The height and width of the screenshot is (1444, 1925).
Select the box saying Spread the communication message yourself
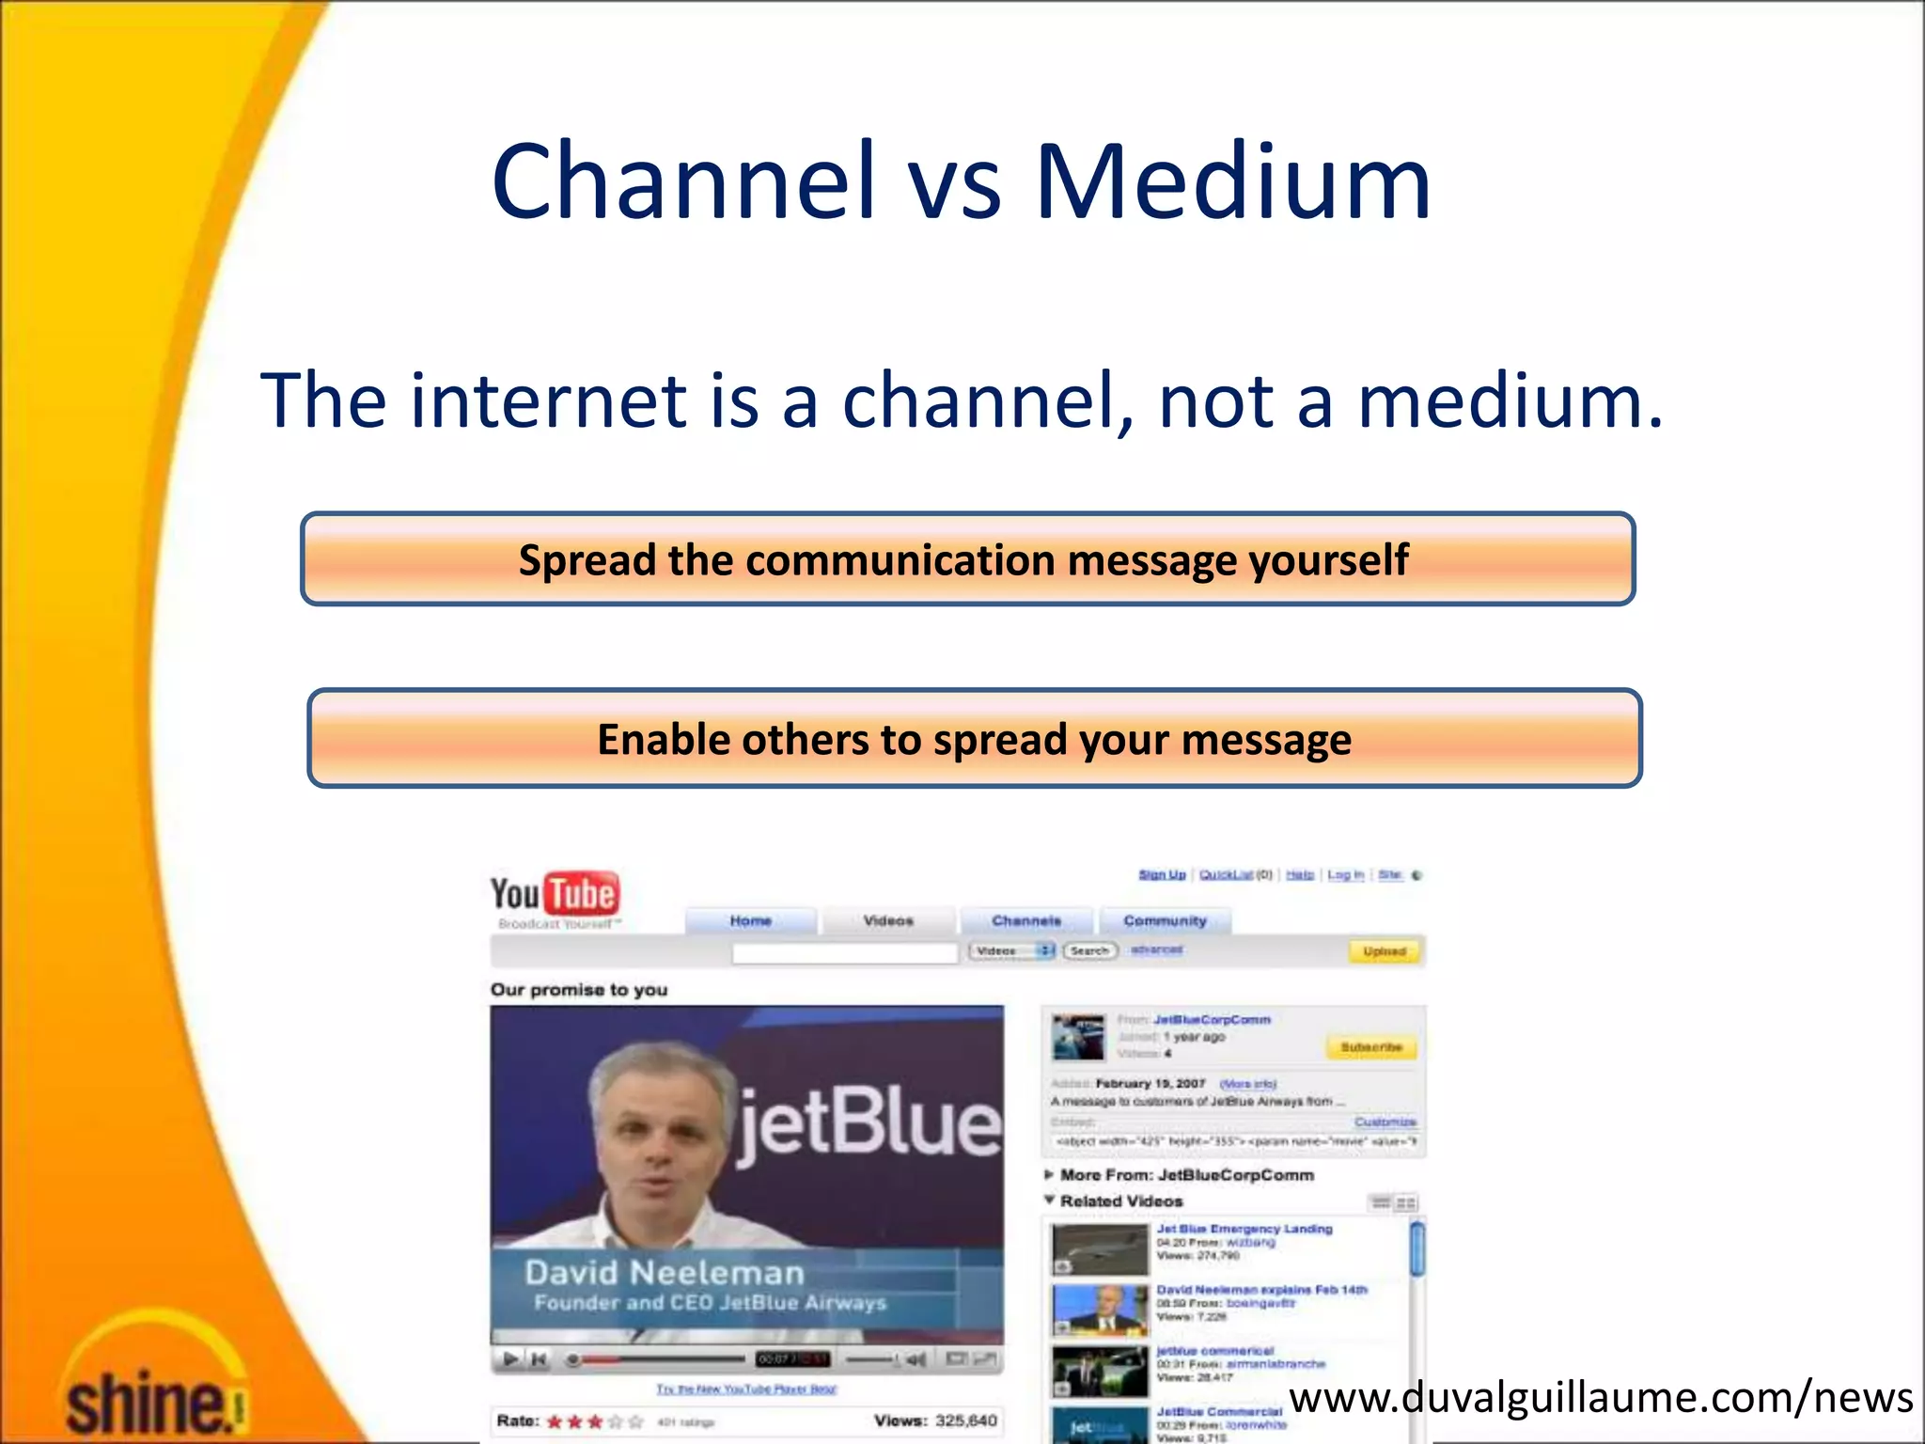click(967, 559)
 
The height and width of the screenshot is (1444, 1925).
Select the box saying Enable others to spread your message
click(974, 739)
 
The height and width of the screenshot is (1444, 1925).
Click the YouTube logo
click(555, 894)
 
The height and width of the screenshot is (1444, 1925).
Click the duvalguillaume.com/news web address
click(1600, 1398)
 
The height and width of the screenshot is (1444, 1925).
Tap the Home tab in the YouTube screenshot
click(750, 921)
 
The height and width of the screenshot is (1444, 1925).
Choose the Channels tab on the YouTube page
click(1025, 921)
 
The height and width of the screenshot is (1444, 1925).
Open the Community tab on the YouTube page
click(1164, 921)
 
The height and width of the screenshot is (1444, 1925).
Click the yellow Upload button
click(1384, 951)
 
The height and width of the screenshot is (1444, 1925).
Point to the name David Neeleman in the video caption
click(664, 1273)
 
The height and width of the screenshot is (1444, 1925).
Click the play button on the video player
click(510, 1358)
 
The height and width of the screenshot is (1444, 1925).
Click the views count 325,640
click(965, 1420)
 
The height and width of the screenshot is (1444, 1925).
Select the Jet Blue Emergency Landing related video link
click(1244, 1229)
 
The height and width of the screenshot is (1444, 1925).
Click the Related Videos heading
click(1120, 1201)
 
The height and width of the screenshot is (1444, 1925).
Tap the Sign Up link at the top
click(1162, 875)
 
